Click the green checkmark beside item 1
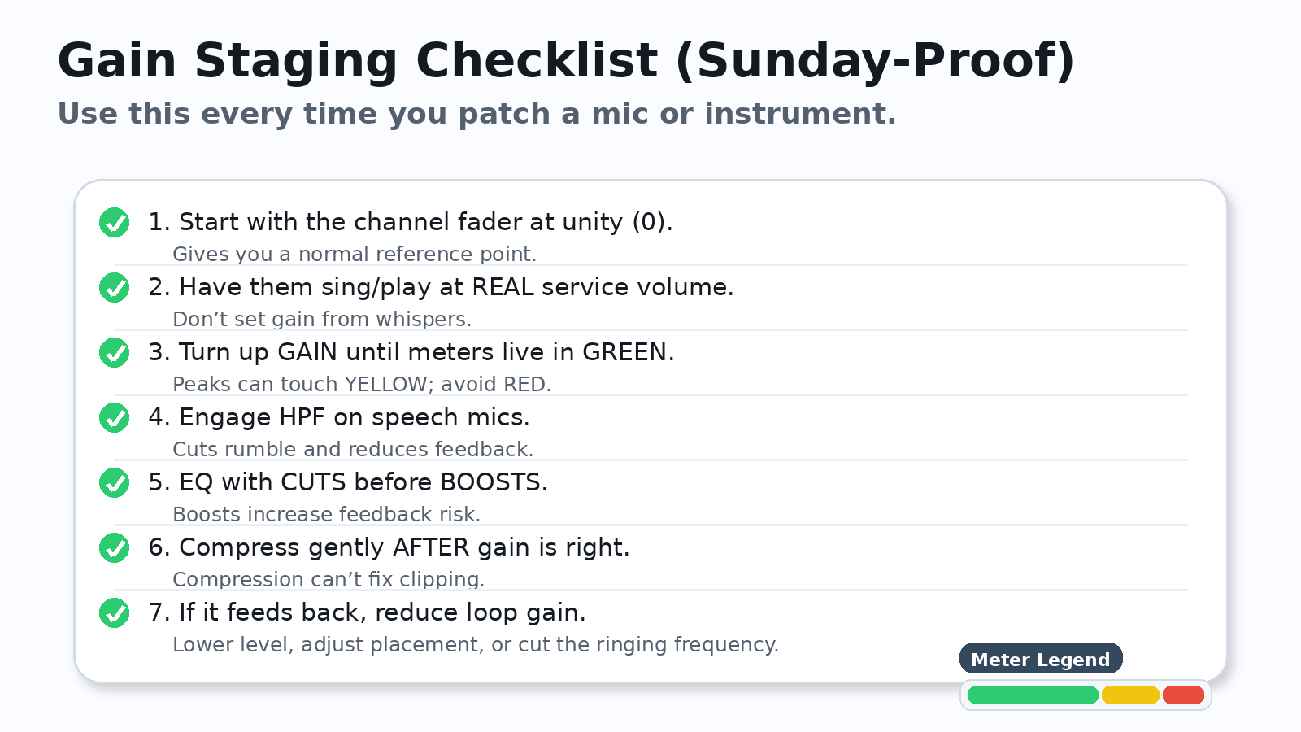point(114,222)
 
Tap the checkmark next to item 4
point(114,417)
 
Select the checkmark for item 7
point(114,612)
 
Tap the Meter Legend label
point(1040,659)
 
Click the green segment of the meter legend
point(1032,695)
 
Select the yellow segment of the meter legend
point(1129,695)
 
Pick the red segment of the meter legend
point(1183,695)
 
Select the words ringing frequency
point(686,644)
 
